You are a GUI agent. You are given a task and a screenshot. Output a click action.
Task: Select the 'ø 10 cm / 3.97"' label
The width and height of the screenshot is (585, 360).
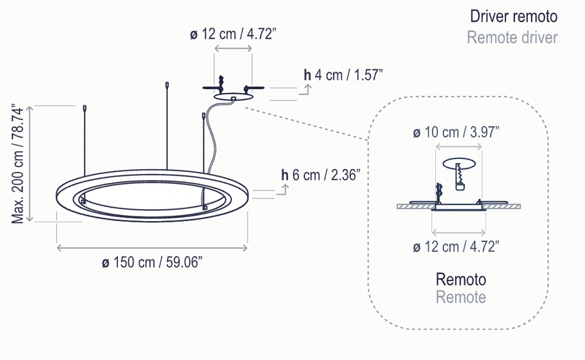[x=457, y=132]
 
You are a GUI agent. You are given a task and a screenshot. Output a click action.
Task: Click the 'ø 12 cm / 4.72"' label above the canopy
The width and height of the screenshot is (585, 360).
[x=233, y=34]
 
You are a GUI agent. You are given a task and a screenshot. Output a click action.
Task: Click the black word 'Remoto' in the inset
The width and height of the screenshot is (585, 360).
[x=461, y=280]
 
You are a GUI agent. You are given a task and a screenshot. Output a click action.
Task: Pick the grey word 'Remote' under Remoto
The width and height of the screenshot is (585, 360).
[x=461, y=297]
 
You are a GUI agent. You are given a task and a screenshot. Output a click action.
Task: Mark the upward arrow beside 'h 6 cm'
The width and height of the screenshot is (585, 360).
[x=286, y=189]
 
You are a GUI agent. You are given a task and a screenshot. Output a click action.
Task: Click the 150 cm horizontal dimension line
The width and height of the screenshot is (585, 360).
[x=153, y=249]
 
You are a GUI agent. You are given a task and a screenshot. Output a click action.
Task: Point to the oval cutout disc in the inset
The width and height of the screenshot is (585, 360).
[x=461, y=164]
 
